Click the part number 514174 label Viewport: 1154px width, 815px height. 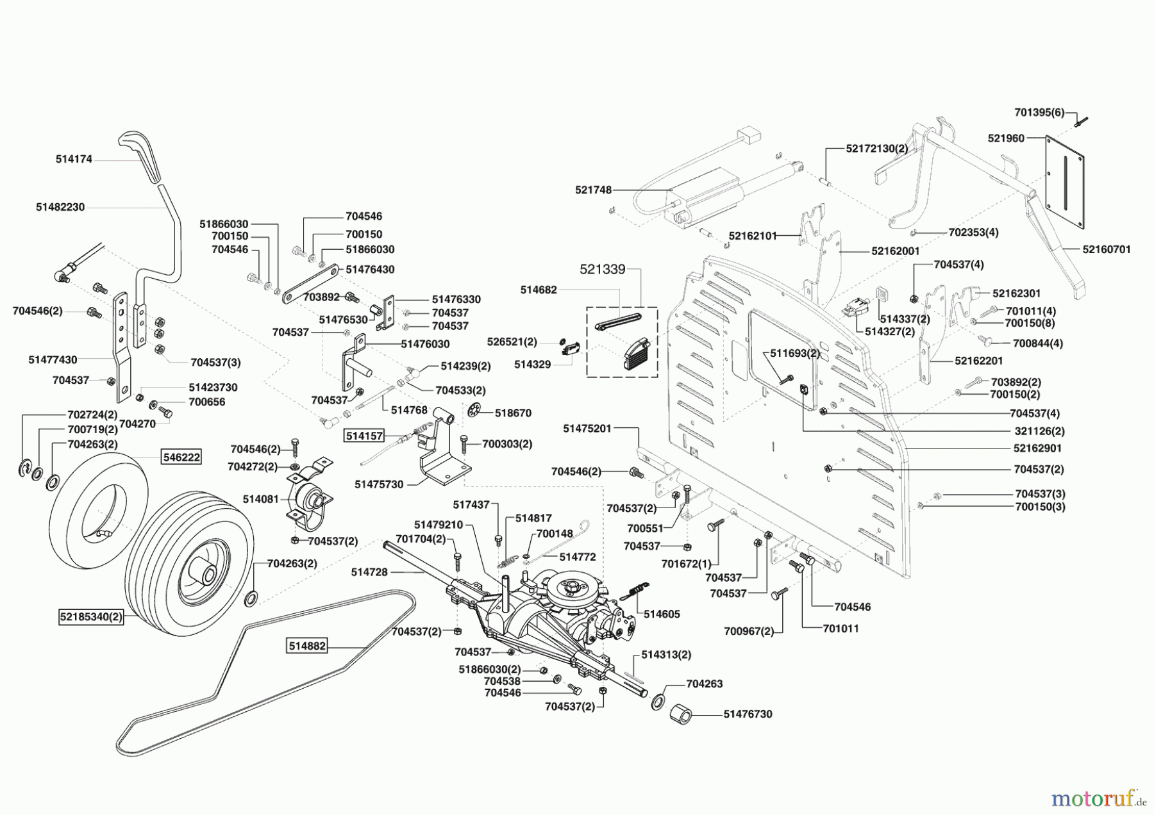click(73, 159)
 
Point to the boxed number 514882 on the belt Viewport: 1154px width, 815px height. click(307, 646)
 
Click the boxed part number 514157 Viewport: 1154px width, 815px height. click(364, 436)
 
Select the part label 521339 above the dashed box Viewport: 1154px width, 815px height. click(602, 270)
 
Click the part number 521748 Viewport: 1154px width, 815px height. click(593, 190)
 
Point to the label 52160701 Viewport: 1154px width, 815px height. click(1107, 249)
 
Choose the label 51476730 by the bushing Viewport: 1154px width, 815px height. click(748, 714)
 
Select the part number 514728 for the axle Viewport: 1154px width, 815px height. click(369, 572)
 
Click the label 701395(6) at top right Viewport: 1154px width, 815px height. click(1039, 113)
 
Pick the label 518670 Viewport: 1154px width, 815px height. click(513, 413)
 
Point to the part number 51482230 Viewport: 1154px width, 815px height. click(60, 207)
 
